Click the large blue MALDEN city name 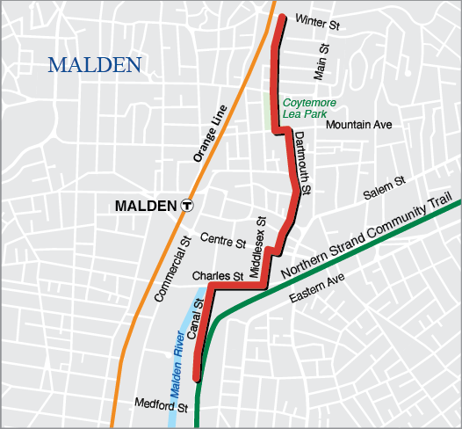coord(95,65)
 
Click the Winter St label coord(317,20)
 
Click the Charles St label coord(217,276)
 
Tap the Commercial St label coord(172,270)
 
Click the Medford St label coord(162,407)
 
